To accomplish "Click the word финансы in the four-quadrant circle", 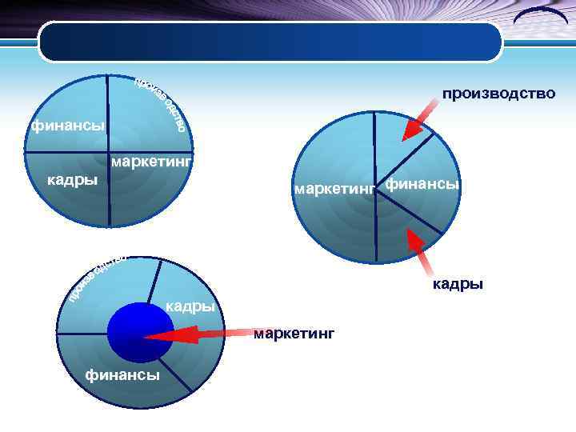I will click(67, 126).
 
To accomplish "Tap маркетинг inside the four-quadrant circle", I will click(152, 162).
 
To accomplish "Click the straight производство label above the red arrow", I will click(498, 94).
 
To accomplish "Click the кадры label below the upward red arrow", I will click(458, 283).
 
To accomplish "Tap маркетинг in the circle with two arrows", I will click(334, 190).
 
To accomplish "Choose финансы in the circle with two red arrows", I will click(422, 185).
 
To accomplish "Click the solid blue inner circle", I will click(140, 332).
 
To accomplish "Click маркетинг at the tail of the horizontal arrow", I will click(294, 332).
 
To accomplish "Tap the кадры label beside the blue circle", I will click(190, 306).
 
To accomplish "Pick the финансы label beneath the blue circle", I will click(123, 374).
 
